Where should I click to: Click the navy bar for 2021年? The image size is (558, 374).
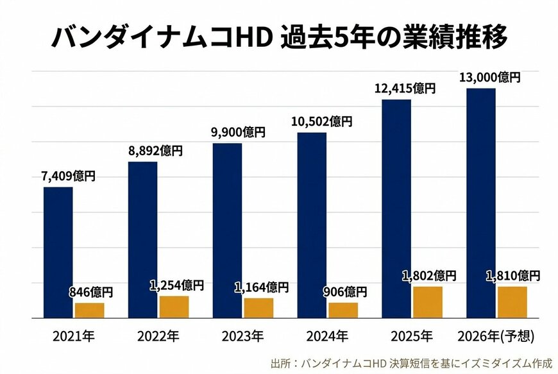click(x=58, y=252)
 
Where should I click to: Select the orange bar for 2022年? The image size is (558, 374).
click(x=174, y=307)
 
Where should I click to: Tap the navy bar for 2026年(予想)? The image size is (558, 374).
click(x=480, y=203)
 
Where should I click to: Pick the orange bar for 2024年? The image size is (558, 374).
click(x=343, y=310)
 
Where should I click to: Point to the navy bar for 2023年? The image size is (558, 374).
click(x=227, y=230)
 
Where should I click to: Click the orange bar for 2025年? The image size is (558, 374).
click(x=428, y=302)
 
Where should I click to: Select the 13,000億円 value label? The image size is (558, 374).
click(x=489, y=77)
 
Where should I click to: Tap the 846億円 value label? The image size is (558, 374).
click(x=90, y=293)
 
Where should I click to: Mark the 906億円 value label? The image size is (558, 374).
click(x=344, y=293)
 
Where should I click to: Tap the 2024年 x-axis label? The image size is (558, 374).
click(x=328, y=336)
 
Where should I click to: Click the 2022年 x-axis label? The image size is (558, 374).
click(x=158, y=336)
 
